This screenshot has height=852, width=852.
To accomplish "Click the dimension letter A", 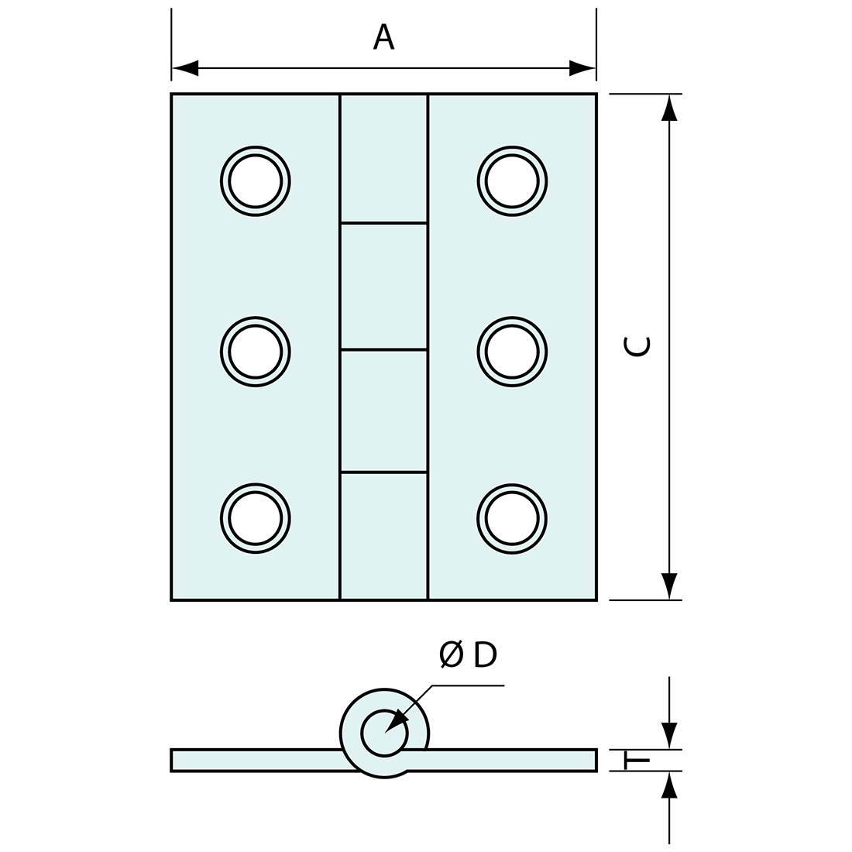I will (383, 36).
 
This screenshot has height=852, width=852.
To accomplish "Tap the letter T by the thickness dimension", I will (637, 761).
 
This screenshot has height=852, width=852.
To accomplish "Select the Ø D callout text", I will (468, 655).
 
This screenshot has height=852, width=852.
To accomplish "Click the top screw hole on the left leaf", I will (255, 181).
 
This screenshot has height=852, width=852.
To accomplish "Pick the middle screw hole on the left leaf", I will (255, 352).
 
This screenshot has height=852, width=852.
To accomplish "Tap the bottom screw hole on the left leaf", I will (255, 518).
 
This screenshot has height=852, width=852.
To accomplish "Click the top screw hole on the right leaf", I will (512, 181).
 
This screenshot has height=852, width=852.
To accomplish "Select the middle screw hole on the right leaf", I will (512, 352).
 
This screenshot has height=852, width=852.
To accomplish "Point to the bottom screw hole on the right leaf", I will (512, 518).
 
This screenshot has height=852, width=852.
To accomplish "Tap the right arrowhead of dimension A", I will (582, 68).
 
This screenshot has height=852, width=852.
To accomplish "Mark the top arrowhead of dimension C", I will (670, 108).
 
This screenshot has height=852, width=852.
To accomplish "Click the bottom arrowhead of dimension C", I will (670, 586).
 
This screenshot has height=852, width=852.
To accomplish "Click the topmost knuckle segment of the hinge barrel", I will (383, 159).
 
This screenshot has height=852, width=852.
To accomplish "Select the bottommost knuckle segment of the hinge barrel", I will (383, 536).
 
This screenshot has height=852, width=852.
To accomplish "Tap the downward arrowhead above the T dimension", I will (670, 736).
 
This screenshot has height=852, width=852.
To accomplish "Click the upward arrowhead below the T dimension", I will (670, 785).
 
